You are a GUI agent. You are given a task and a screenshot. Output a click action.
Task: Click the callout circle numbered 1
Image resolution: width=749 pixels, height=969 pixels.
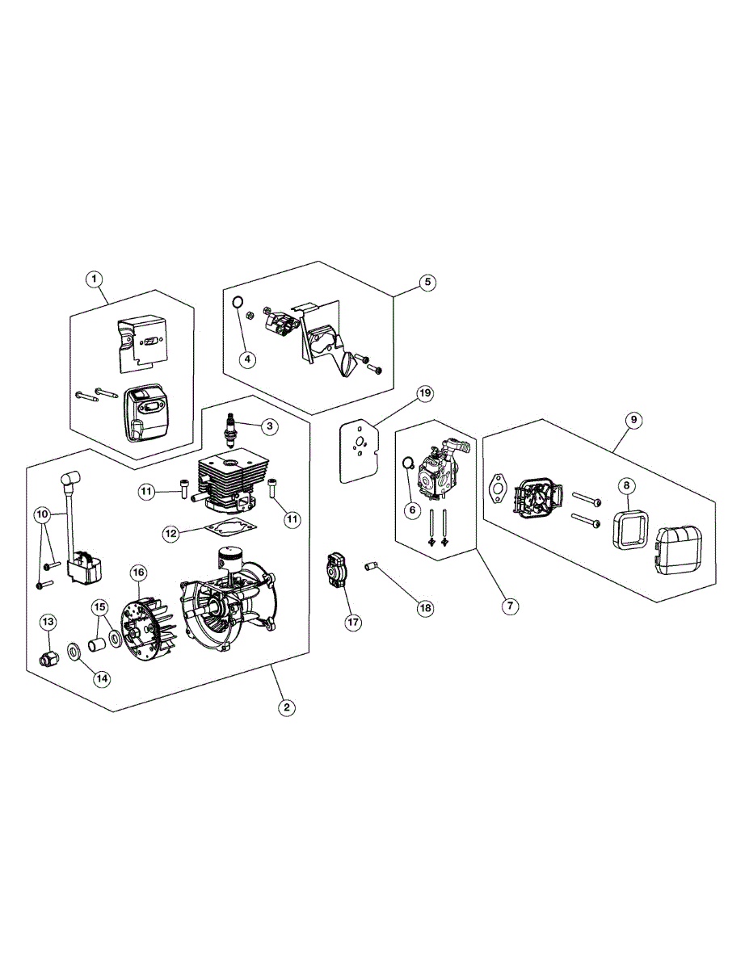[x=95, y=279]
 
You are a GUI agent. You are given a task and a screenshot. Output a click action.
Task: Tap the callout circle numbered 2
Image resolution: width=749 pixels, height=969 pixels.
[x=285, y=707]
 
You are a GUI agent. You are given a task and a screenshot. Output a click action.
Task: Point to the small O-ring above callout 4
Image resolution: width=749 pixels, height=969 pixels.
[x=238, y=303]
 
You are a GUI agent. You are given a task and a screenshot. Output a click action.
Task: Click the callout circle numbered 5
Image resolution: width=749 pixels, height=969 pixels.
[x=427, y=282]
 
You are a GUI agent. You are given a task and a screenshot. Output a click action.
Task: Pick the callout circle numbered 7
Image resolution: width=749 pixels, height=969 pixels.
[x=508, y=604]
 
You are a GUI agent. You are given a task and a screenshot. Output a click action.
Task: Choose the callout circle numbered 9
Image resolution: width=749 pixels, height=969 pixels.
[x=633, y=420]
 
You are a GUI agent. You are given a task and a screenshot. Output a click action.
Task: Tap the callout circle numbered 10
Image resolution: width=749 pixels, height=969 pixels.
[x=43, y=514]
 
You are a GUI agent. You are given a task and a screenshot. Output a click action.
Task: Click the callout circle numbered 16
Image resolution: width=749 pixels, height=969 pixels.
[x=138, y=572]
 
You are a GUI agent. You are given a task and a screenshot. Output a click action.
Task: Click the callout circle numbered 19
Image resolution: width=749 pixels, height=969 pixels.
[x=425, y=394]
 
